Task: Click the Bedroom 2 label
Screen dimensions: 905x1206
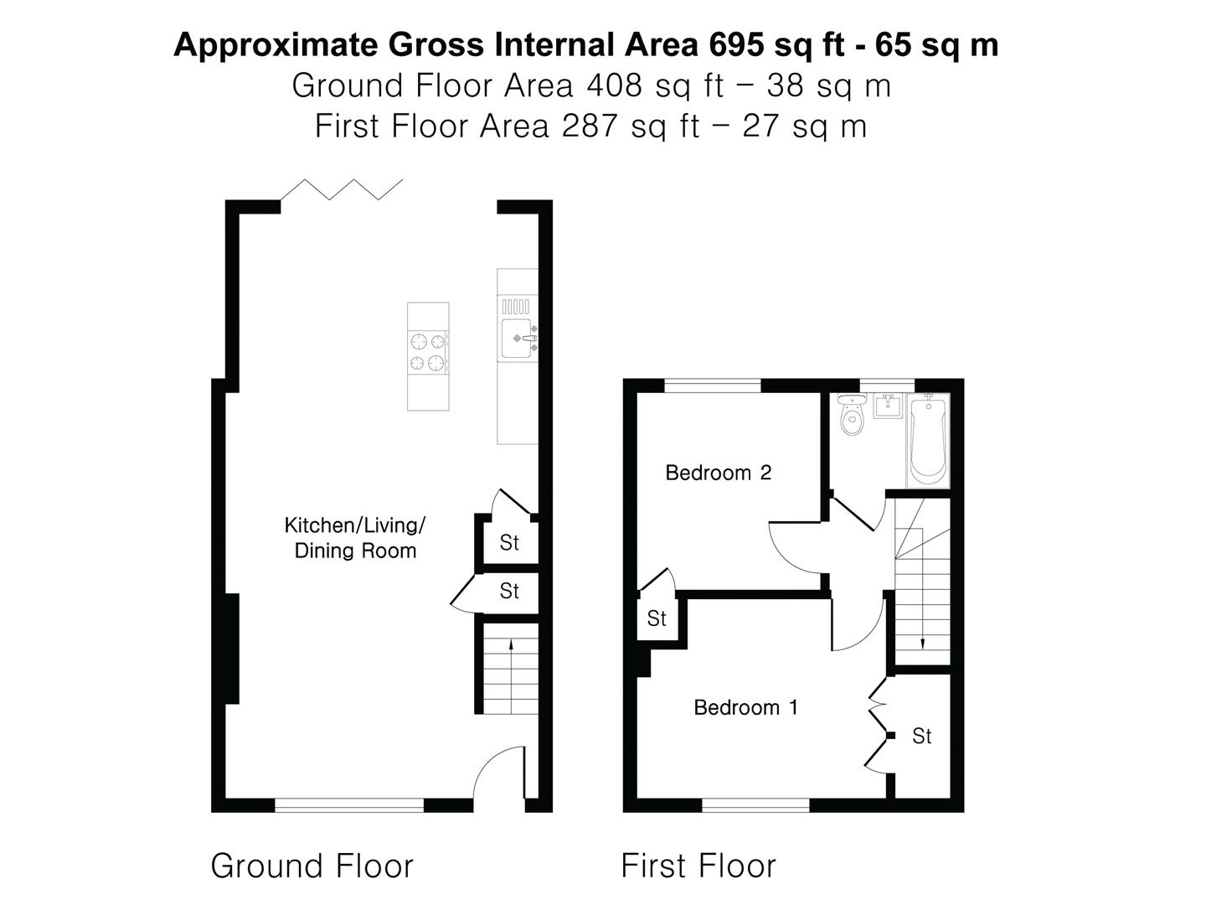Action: click(x=718, y=473)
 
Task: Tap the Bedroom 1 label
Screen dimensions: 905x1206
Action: click(x=745, y=707)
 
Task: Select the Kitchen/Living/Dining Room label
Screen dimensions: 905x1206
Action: click(x=355, y=538)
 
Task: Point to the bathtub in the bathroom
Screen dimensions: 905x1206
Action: click(x=927, y=441)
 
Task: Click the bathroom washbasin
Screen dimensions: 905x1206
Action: click(x=887, y=406)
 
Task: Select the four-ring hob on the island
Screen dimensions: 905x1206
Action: click(x=427, y=352)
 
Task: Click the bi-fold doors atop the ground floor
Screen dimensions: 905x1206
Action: click(x=342, y=189)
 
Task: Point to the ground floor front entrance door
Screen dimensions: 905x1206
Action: click(x=500, y=775)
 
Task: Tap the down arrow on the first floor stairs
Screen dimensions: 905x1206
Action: click(x=922, y=641)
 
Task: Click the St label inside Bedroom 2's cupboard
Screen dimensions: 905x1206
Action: click(x=657, y=618)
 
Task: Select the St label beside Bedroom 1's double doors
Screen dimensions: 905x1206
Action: click(x=921, y=736)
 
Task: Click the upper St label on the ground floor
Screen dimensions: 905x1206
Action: click(x=509, y=542)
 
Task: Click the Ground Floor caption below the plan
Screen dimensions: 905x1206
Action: click(x=312, y=866)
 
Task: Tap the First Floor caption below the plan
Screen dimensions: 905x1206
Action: click(x=698, y=866)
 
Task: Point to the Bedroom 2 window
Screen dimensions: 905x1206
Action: click(x=713, y=386)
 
